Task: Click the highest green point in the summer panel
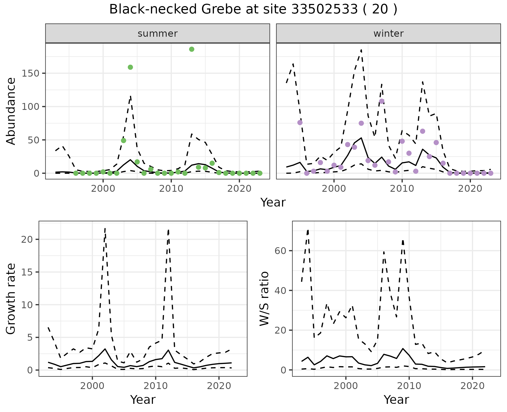point(192,49)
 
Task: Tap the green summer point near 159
point(130,67)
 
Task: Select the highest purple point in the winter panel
point(382,101)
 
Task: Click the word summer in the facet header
point(158,34)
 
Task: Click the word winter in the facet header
point(388,34)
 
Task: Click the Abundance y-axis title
point(11,111)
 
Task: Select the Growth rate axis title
point(11,298)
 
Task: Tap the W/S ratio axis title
point(264,298)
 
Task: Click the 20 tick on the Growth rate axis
point(27,240)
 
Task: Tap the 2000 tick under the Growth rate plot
point(92,386)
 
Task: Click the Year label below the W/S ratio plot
point(396,400)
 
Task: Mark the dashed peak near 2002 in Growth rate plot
point(105,229)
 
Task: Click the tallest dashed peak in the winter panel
point(361,50)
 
